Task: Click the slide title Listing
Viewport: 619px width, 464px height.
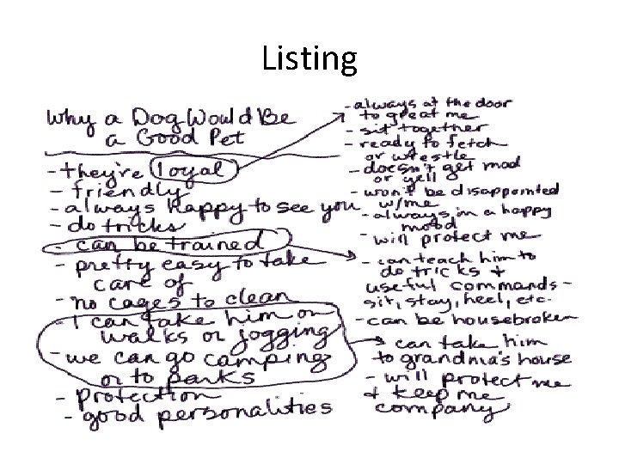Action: [309, 58]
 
